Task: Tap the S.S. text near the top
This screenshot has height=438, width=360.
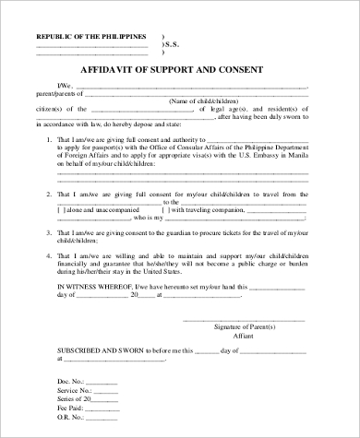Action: [x=171, y=44]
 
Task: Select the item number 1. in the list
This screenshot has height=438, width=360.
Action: [x=48, y=139]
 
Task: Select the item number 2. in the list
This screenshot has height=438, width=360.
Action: [x=48, y=195]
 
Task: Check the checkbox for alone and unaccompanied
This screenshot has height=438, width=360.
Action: [x=61, y=209]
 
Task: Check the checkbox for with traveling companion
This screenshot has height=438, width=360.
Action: [x=166, y=209]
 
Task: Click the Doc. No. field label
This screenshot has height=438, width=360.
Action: [x=72, y=381]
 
